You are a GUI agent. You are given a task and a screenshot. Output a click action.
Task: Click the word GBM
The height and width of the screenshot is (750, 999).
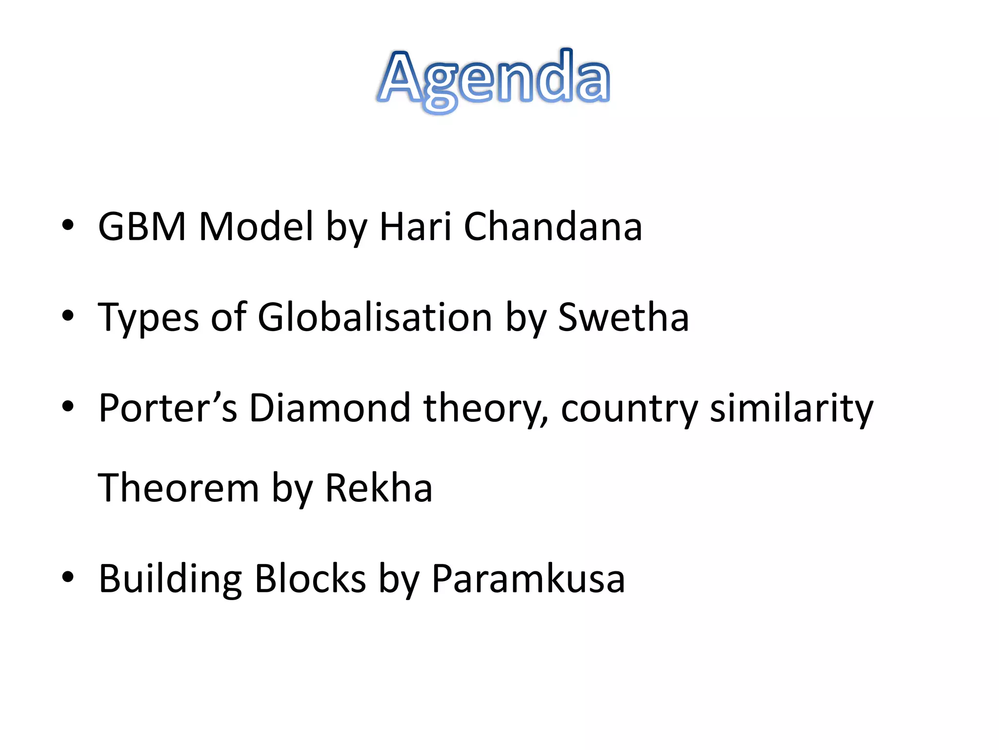pos(142,227)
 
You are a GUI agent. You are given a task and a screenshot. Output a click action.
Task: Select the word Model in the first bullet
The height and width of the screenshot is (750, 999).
pos(256,227)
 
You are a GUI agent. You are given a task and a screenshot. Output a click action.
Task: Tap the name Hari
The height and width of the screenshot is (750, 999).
pos(415,227)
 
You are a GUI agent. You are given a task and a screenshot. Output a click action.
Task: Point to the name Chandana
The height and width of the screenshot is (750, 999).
pos(553,227)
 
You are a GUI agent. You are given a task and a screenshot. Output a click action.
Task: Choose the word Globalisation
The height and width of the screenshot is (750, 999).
pos(375,317)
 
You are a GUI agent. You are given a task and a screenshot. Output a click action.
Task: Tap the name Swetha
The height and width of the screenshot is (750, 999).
pos(623,317)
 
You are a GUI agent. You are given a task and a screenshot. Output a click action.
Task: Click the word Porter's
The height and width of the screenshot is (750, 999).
pos(168,408)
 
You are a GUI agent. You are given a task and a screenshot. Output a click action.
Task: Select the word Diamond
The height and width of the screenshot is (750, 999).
pos(330,408)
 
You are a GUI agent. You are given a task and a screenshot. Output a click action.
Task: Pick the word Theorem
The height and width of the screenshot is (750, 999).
pos(178,488)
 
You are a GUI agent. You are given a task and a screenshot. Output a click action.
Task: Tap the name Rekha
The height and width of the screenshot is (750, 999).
pos(379,488)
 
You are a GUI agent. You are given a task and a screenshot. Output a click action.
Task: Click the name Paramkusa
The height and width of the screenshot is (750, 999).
pos(528,579)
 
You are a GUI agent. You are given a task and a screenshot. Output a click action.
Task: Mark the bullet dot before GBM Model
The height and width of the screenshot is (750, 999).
pos(68,225)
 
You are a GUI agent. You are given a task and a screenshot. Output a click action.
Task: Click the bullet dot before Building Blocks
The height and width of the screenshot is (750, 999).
pos(68,577)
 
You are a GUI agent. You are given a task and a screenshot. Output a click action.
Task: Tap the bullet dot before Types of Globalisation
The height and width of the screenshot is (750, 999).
pos(68,315)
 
